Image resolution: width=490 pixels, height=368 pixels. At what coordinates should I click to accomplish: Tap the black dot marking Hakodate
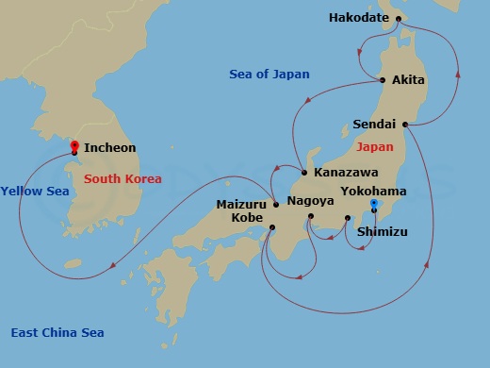pyautogui.click(x=399, y=18)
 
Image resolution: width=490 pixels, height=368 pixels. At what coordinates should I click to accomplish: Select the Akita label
pyautogui.click(x=407, y=80)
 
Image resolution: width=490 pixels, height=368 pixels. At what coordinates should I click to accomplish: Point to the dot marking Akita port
pyautogui.click(x=383, y=80)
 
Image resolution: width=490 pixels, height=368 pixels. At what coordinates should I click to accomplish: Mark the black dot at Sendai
pyautogui.click(x=404, y=124)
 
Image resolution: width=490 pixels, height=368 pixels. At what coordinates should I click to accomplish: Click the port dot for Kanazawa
pyautogui.click(x=304, y=173)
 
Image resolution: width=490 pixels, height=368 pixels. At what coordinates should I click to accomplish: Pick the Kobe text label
pyautogui.click(x=246, y=217)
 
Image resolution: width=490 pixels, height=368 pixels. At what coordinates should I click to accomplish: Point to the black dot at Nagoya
pyautogui.click(x=310, y=218)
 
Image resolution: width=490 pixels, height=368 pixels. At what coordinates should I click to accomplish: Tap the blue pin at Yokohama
pyautogui.click(x=374, y=205)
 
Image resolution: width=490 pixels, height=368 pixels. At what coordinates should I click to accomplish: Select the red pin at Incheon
pyautogui.click(x=73, y=145)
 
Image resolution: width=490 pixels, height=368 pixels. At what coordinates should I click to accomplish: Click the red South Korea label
pyautogui.click(x=122, y=178)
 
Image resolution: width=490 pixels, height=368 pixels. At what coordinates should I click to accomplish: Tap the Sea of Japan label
pyautogui.click(x=269, y=75)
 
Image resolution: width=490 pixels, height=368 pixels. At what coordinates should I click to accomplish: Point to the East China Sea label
pyautogui.click(x=57, y=332)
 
